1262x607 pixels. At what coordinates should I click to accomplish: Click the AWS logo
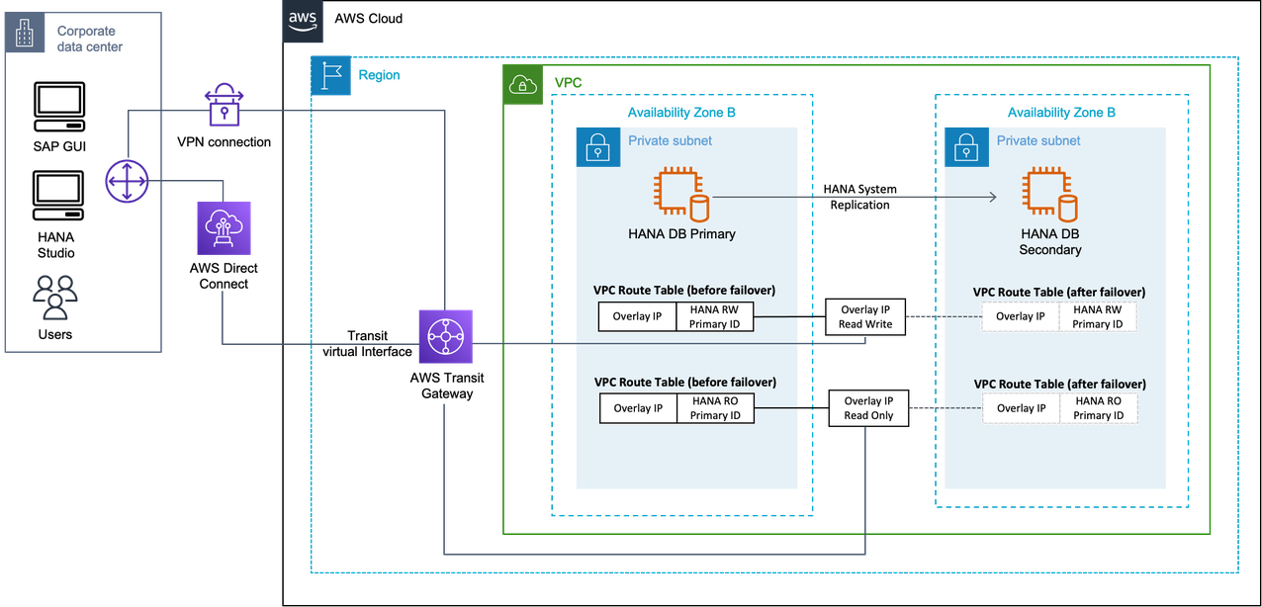tap(302, 21)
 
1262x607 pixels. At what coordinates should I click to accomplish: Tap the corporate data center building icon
tap(23, 36)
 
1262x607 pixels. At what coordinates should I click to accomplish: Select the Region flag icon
tap(330, 76)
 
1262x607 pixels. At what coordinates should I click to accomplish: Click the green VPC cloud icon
tap(522, 85)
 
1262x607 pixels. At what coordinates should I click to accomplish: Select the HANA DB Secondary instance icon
tap(1050, 195)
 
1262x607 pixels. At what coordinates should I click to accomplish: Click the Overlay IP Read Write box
tap(866, 317)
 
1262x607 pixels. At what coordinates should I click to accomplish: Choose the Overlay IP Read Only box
tap(868, 408)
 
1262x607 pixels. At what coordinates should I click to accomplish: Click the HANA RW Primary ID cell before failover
tap(715, 316)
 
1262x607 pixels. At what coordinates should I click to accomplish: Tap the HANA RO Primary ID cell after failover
tap(1098, 408)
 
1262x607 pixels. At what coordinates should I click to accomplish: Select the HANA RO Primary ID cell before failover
tap(715, 408)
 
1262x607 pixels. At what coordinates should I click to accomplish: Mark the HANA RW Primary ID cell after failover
tap(1098, 316)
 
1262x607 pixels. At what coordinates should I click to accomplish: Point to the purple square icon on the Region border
tap(445, 336)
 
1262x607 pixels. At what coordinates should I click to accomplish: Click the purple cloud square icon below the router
tap(224, 228)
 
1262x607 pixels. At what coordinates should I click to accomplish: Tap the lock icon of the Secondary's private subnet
tap(966, 147)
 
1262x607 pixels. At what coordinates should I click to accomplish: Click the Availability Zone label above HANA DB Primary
tap(681, 113)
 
